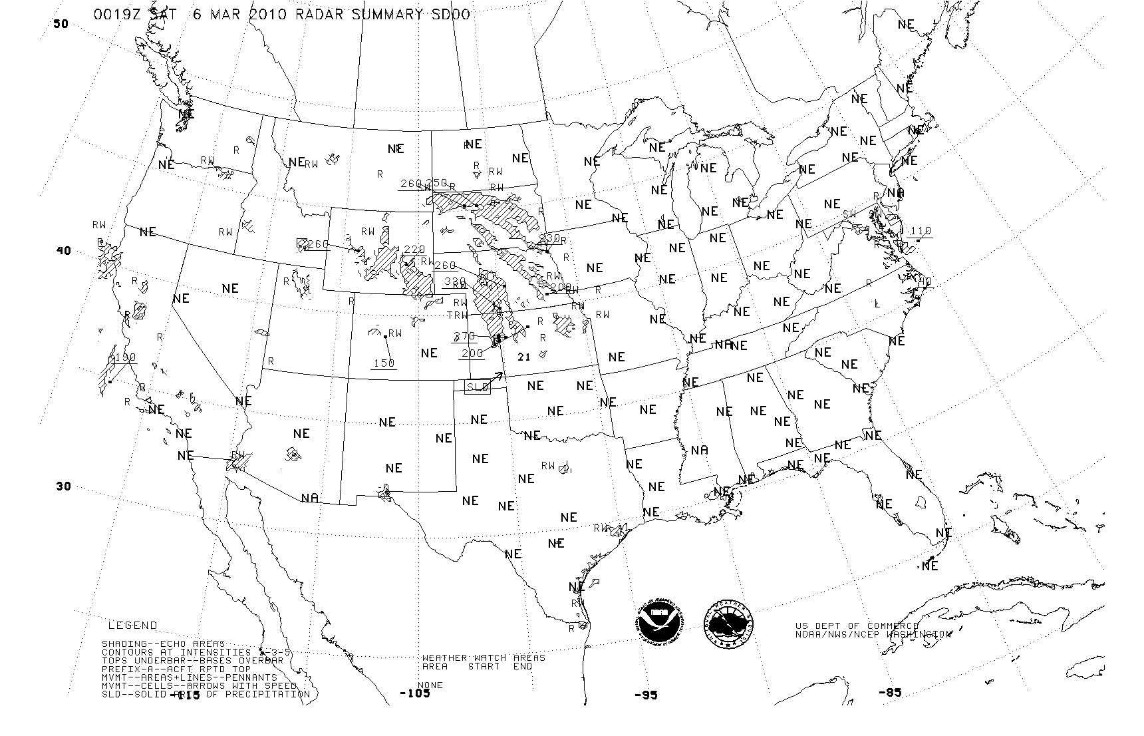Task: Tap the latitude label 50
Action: tap(61, 24)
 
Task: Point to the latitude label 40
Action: tap(63, 251)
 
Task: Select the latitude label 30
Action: tap(63, 486)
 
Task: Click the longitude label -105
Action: tap(415, 693)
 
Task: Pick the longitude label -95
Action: tap(645, 695)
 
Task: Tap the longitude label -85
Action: tap(889, 693)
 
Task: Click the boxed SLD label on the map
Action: tap(477, 387)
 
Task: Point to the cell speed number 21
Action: tap(524, 357)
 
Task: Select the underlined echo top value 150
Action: tap(384, 363)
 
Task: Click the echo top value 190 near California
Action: tap(124, 357)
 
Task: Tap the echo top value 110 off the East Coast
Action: tap(920, 231)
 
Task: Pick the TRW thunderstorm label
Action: tap(457, 315)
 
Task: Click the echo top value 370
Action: tap(465, 337)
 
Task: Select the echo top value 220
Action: tap(414, 250)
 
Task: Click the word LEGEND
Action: tap(133, 626)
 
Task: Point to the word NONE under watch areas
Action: tap(430, 685)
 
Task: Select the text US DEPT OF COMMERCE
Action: tap(857, 626)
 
